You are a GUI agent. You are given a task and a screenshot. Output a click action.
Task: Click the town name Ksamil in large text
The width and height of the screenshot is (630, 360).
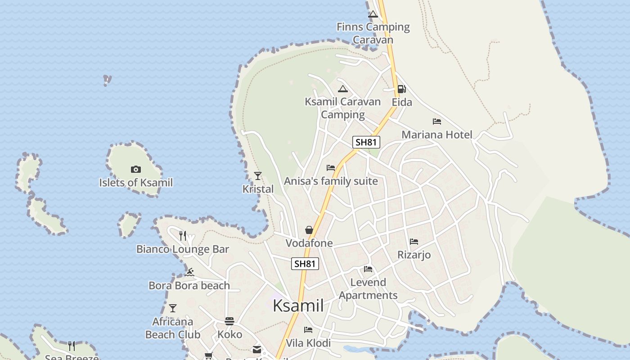click(298, 306)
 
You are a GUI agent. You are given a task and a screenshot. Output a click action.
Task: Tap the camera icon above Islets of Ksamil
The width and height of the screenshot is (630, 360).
click(136, 169)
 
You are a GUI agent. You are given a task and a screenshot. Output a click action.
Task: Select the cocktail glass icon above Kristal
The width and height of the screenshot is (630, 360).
click(258, 175)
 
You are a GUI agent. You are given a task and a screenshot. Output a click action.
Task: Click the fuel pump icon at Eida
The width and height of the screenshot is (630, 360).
click(401, 89)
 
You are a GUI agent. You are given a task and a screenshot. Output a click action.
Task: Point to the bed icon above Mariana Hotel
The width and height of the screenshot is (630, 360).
click(436, 121)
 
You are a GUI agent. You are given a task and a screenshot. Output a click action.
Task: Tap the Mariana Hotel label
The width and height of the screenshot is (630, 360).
click(436, 135)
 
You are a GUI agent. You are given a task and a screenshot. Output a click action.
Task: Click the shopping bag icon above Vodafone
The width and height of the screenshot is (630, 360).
click(309, 230)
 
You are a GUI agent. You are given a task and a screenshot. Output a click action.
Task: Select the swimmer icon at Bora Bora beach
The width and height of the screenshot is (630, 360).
click(189, 272)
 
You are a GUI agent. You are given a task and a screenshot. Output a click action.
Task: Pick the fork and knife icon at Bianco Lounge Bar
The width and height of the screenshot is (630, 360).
click(183, 235)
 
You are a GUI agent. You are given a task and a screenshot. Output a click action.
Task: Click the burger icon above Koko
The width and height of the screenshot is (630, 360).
click(229, 321)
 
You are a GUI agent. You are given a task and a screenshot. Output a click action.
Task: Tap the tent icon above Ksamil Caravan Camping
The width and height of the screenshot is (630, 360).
click(343, 89)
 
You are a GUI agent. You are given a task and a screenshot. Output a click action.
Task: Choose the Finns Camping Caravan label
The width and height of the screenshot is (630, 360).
click(373, 33)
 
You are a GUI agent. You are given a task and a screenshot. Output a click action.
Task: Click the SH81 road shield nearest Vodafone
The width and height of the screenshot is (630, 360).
click(305, 264)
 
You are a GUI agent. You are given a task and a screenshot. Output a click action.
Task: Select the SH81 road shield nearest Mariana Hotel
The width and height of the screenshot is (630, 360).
click(366, 143)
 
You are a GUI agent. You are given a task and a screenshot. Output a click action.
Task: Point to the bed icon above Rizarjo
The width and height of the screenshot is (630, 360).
click(414, 242)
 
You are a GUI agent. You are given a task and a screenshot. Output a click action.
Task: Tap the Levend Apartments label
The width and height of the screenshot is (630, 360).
click(368, 288)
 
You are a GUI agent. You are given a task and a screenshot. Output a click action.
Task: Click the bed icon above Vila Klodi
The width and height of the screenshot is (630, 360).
click(308, 330)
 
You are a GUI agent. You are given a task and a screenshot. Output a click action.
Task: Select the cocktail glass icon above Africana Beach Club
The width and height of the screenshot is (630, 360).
click(173, 308)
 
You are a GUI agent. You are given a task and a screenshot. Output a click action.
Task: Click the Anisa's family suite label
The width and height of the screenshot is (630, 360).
click(331, 181)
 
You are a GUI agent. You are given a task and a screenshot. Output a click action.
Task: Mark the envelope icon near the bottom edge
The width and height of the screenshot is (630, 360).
click(257, 350)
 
